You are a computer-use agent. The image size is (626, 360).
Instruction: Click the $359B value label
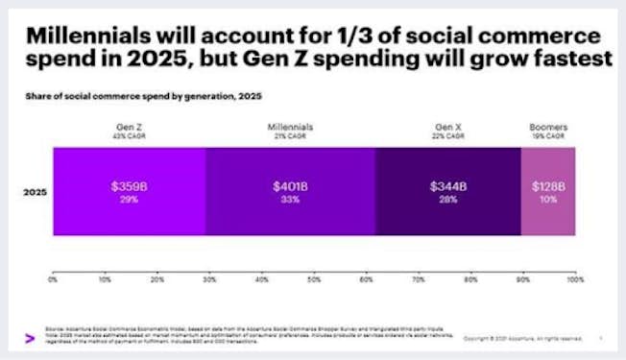pyautogui.click(x=129, y=185)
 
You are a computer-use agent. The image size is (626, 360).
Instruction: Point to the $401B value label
pyautogui.click(x=289, y=185)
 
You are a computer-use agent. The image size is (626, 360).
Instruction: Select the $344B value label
pyautogui.click(x=447, y=185)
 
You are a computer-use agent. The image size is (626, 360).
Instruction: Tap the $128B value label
pyautogui.click(x=548, y=185)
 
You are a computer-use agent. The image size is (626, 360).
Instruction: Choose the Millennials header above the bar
pyautogui.click(x=289, y=126)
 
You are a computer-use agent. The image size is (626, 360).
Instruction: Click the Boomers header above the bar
pyautogui.click(x=548, y=126)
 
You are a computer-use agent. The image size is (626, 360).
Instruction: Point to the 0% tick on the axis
pyautogui.click(x=53, y=279)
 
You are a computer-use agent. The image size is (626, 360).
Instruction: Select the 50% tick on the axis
pyautogui.click(x=314, y=279)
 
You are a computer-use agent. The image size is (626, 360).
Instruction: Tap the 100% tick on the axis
pyautogui.click(x=574, y=279)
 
